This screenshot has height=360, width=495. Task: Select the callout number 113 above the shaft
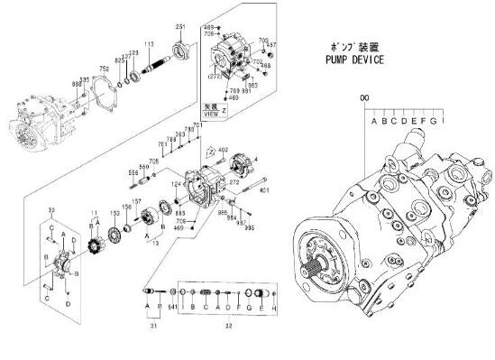149,44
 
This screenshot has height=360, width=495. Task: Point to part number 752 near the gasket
105,69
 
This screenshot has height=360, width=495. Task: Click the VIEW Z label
211,113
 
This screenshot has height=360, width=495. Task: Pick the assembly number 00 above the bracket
364,97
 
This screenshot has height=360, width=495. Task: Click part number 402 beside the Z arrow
223,149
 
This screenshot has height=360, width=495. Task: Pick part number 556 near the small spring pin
132,172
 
